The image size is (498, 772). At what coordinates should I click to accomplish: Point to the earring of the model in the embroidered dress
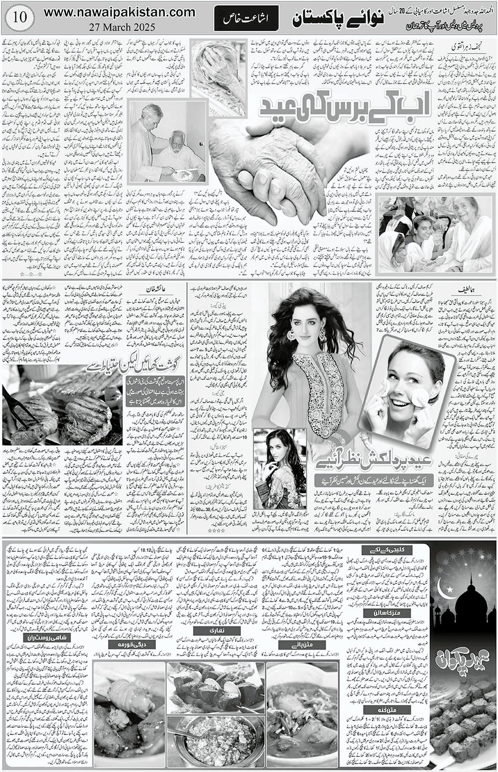click(290, 333)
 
